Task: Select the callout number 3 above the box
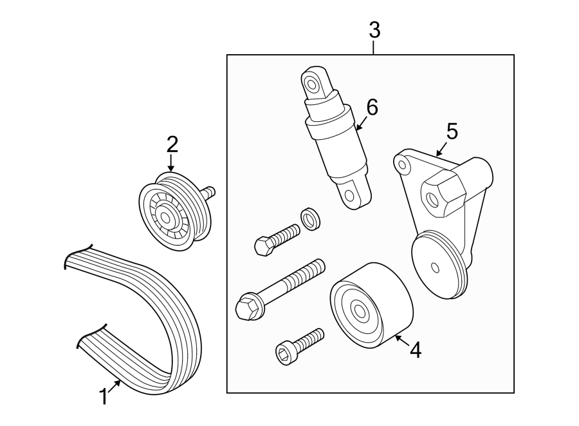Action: click(374, 30)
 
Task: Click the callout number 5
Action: click(452, 132)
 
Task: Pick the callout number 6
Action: click(371, 107)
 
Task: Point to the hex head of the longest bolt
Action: click(247, 307)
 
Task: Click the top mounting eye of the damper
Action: click(313, 83)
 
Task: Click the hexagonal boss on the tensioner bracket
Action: click(442, 194)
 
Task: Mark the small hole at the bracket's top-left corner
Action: click(403, 165)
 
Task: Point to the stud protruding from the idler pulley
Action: click(208, 192)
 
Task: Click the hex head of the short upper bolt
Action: click(262, 246)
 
